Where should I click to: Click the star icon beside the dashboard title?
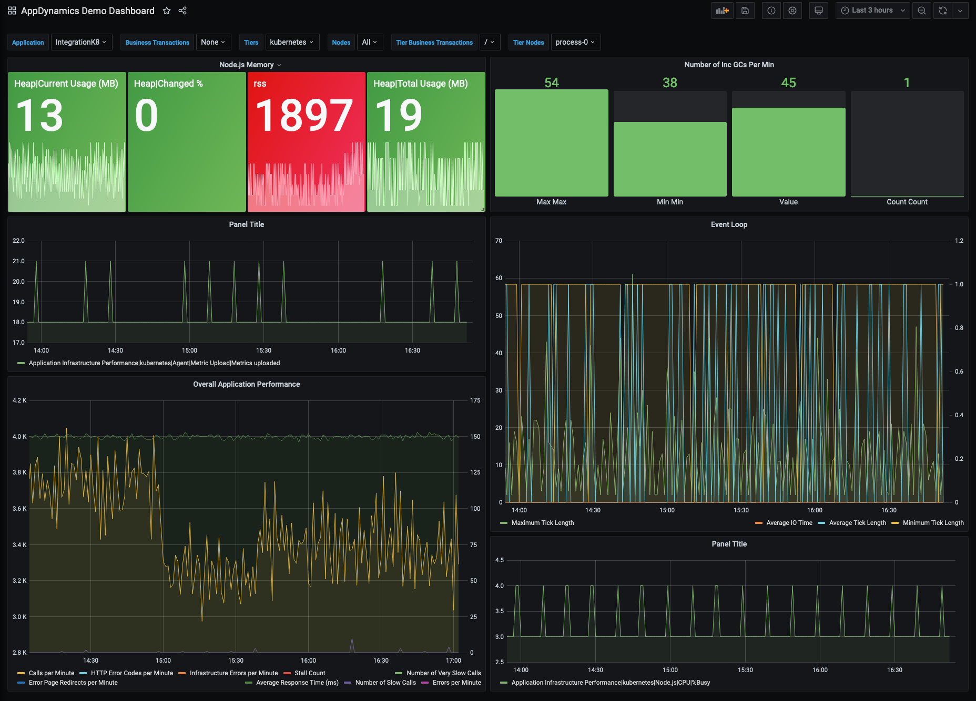(x=167, y=11)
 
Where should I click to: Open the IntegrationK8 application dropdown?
(x=81, y=42)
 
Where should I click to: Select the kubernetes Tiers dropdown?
(x=292, y=42)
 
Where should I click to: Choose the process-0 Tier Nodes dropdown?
(x=575, y=42)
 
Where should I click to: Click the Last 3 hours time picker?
(x=872, y=11)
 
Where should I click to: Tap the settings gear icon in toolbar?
(x=792, y=11)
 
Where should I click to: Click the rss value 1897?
(x=304, y=116)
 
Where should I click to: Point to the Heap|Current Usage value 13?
(x=40, y=116)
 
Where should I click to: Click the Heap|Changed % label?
(x=168, y=84)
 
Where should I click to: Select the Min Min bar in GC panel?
(x=670, y=159)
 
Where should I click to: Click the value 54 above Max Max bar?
(x=551, y=83)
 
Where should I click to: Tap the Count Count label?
(x=907, y=202)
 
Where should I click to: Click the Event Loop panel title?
(x=729, y=224)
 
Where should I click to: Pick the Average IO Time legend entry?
(x=789, y=523)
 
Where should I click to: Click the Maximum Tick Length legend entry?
(x=542, y=523)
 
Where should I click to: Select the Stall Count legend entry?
(x=309, y=673)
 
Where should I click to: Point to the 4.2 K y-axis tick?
(x=19, y=400)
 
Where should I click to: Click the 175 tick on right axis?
(x=475, y=400)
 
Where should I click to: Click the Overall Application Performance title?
(x=246, y=384)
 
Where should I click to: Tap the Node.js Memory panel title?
(x=246, y=65)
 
